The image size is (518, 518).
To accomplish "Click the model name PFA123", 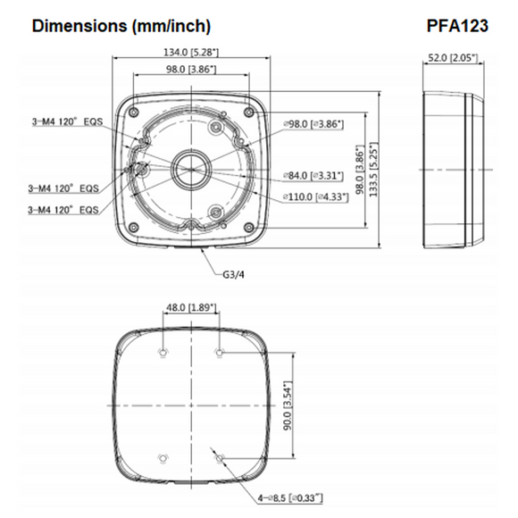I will click(x=457, y=27).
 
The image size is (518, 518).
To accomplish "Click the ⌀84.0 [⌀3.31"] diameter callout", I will click(x=313, y=176).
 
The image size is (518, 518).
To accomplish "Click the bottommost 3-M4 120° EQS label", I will click(x=63, y=209).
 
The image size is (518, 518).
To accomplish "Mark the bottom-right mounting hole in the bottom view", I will click(x=221, y=460).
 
